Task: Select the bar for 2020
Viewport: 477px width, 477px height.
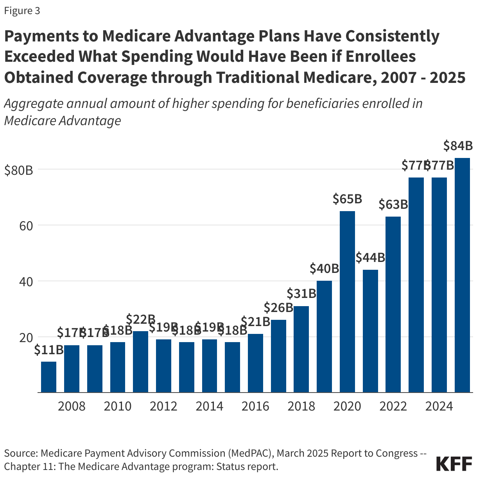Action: click(x=347, y=301)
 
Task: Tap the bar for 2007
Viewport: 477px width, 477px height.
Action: click(x=48, y=377)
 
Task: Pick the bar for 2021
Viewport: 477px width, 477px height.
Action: click(x=370, y=331)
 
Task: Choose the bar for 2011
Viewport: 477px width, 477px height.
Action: click(x=140, y=362)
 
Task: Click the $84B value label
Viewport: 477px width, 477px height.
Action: click(x=458, y=146)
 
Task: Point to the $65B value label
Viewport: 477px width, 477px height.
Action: click(x=347, y=199)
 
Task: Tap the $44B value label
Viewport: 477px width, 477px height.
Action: click(x=370, y=258)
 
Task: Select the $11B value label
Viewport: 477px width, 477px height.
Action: click(x=48, y=350)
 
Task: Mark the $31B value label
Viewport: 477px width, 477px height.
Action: click(x=301, y=293)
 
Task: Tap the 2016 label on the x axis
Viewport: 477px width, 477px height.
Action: click(x=255, y=406)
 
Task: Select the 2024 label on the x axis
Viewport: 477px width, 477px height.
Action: click(x=439, y=406)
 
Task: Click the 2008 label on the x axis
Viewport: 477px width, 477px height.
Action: click(x=72, y=406)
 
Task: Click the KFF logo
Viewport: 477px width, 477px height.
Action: click(x=454, y=464)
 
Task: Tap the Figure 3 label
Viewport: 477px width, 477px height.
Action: click(x=22, y=11)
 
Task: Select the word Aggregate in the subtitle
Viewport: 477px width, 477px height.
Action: click(x=33, y=104)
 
